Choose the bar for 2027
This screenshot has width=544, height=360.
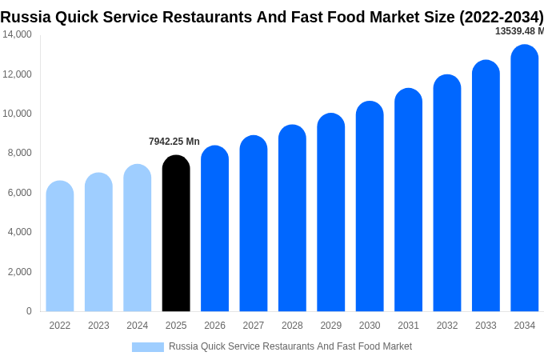point(254,224)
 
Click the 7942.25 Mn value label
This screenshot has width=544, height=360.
point(174,142)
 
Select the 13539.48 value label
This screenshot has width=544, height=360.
point(518,31)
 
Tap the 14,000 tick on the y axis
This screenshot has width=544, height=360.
point(17,34)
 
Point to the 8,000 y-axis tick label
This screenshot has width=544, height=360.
point(19,153)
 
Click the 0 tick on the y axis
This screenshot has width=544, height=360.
point(29,311)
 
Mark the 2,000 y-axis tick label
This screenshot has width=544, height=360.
point(19,272)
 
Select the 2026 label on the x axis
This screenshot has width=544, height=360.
point(214,326)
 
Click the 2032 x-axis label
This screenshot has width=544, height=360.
point(447,326)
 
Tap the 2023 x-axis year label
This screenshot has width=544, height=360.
point(98,326)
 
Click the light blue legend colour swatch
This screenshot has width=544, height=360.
point(148,346)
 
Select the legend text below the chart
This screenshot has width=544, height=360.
point(290,346)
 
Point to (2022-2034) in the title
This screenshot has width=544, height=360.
point(501,17)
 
